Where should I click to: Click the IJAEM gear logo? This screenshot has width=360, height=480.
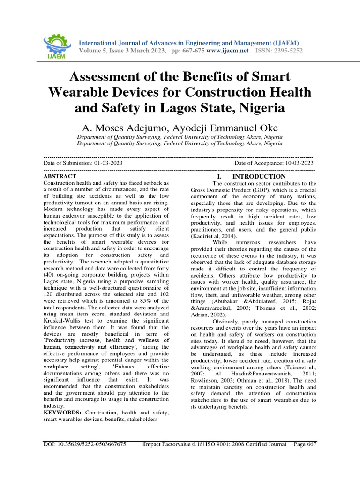point(56,45)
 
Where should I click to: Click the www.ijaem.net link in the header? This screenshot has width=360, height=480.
point(227,50)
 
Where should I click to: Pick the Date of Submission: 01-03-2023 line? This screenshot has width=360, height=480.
point(83,163)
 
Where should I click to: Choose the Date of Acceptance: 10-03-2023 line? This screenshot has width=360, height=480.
point(274,163)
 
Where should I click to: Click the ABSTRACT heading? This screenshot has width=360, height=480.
point(60,176)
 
